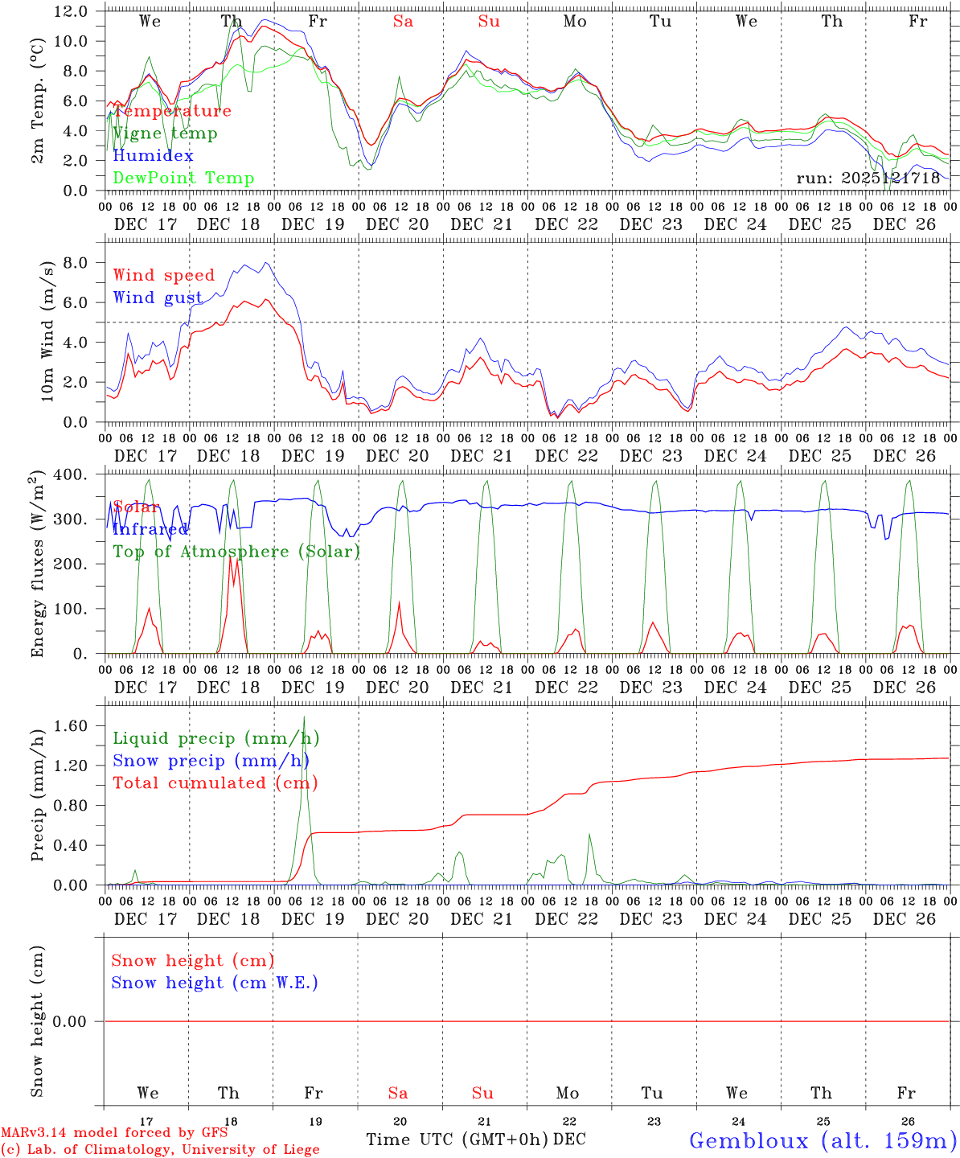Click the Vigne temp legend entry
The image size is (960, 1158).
tap(165, 133)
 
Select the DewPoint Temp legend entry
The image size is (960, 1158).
tap(183, 179)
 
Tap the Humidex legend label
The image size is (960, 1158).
tap(153, 156)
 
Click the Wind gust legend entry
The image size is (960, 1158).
tap(158, 298)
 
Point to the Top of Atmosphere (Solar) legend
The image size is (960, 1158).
tap(236, 552)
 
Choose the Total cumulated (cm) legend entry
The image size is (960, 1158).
tap(215, 783)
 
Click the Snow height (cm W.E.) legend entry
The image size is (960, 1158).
tap(215, 983)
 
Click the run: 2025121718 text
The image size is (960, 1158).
tap(868, 179)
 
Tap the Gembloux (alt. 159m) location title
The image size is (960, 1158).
tap(823, 1140)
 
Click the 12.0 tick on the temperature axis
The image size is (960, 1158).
tap(71, 11)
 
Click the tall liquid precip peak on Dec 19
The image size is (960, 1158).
tap(304, 717)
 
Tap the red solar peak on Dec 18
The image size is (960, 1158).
tap(231, 555)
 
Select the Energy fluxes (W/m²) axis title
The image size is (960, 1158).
tap(38, 565)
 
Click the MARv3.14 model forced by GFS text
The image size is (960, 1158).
tap(114, 1133)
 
